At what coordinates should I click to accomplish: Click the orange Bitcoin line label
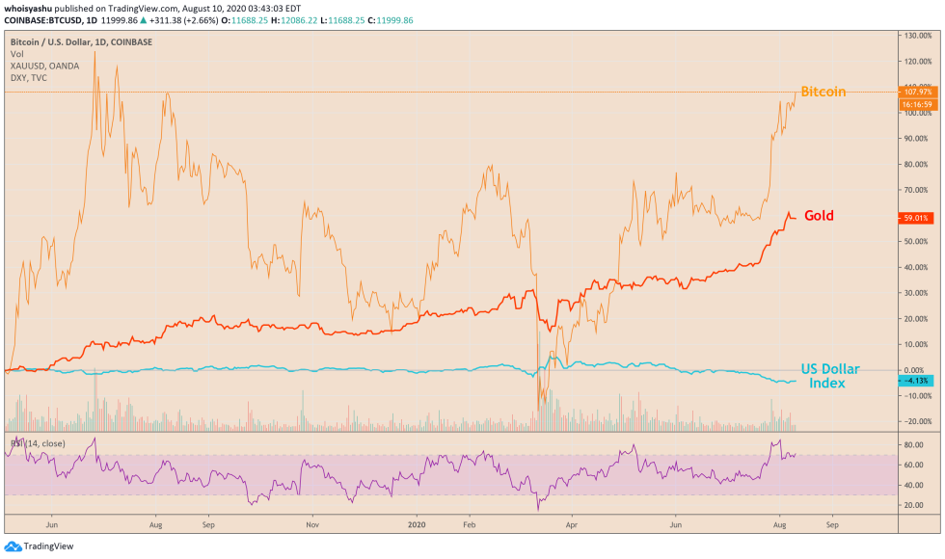click(823, 92)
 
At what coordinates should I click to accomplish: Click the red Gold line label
click(819, 216)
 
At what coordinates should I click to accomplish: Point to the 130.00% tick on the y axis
click(916, 36)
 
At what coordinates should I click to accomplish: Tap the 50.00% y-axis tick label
click(916, 241)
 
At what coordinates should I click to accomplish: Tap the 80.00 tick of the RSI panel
click(912, 445)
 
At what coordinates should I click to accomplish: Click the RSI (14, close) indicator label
click(40, 444)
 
